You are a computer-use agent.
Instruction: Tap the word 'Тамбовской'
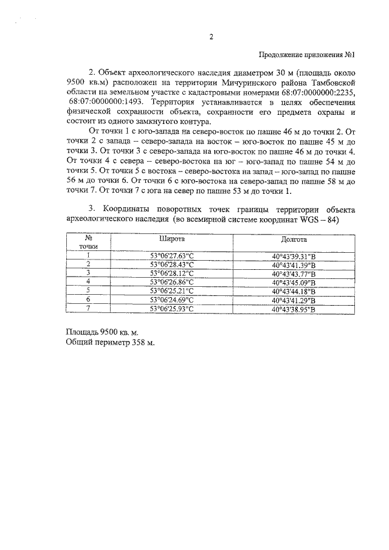[x=331, y=81]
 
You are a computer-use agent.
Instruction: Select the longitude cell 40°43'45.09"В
[x=291, y=282]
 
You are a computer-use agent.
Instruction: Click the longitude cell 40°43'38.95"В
[x=291, y=309]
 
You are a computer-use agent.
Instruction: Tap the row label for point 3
[x=89, y=273]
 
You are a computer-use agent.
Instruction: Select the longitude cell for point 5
[x=291, y=291]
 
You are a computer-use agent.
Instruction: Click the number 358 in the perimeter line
[x=139, y=343]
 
